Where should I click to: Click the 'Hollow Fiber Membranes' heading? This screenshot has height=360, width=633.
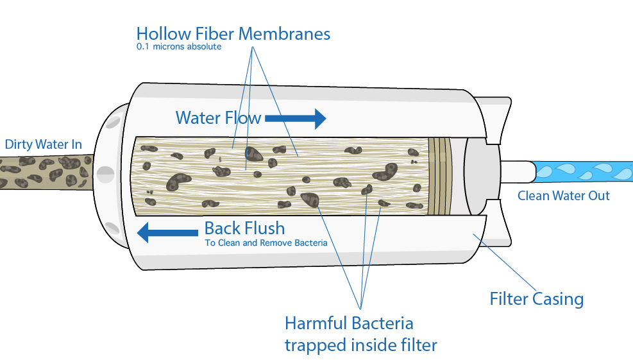(x=233, y=33)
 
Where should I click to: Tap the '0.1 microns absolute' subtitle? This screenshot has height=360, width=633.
(x=179, y=47)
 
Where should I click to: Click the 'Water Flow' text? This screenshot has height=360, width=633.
(x=218, y=118)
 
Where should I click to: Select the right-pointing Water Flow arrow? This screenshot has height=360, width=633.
(x=296, y=118)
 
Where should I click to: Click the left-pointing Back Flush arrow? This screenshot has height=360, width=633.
(x=168, y=232)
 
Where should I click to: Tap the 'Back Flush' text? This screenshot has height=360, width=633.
(x=244, y=228)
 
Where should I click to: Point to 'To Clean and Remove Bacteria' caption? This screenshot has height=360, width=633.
(x=266, y=243)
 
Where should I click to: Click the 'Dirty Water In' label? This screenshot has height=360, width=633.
(x=44, y=144)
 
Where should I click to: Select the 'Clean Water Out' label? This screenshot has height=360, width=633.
(x=564, y=196)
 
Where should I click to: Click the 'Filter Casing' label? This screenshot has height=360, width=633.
(x=537, y=299)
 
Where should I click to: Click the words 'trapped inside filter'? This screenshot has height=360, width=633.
(x=360, y=345)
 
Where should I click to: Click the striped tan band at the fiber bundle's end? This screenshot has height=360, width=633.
(x=439, y=175)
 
